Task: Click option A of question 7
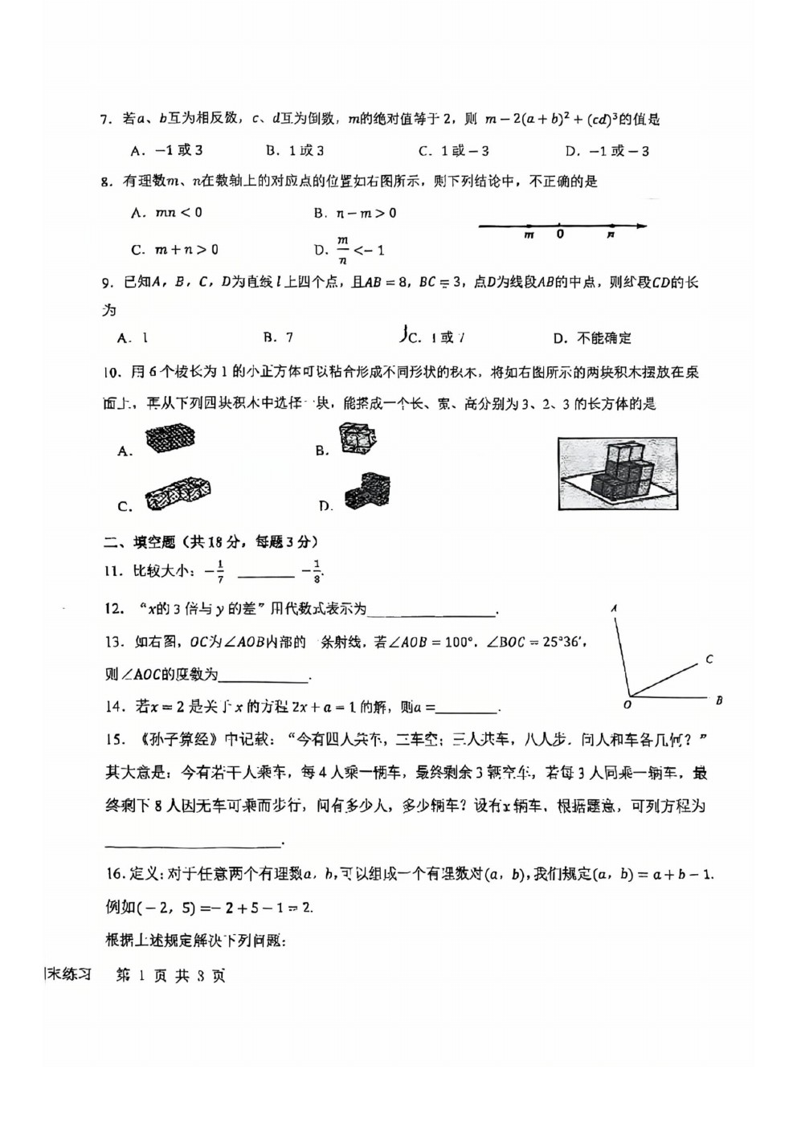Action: pos(166,150)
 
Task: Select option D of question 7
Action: pos(607,151)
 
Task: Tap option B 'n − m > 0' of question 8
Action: pos(355,213)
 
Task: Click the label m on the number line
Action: pos(529,235)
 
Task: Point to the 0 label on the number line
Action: pos(560,235)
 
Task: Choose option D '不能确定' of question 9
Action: pos(593,338)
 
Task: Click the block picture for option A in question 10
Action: pos(170,438)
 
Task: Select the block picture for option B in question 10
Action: pos(358,439)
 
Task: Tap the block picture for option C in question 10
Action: pos(178,493)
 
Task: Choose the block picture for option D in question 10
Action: pos(367,492)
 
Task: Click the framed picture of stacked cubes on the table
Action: pos(618,473)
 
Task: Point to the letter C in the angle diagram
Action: pos(709,659)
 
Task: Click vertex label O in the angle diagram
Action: pos(627,705)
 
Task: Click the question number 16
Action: pos(114,874)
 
